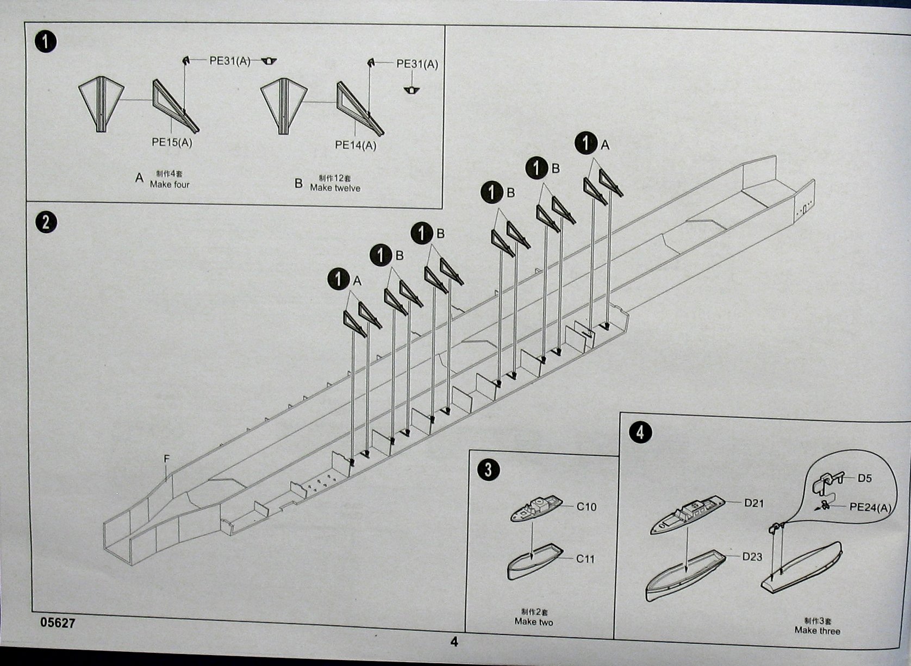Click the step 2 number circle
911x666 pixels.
[46, 222]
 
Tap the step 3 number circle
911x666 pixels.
[489, 469]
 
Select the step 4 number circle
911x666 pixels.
[640, 432]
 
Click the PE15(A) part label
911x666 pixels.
[172, 143]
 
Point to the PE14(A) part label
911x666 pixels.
[355, 145]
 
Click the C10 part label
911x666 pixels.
[586, 507]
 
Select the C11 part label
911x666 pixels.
[585, 559]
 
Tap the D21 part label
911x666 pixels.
[754, 504]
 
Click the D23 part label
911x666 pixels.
[752, 557]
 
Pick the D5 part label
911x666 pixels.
[864, 479]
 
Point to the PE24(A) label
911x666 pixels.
[871, 507]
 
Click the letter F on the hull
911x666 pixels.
[167, 460]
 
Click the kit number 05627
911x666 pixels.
[58, 623]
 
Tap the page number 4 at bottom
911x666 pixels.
[454, 642]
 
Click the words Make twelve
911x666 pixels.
[335, 188]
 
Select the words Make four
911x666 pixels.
[170, 185]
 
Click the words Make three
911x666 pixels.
[817, 631]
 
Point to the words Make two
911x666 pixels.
[533, 621]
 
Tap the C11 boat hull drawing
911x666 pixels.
[534, 563]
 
